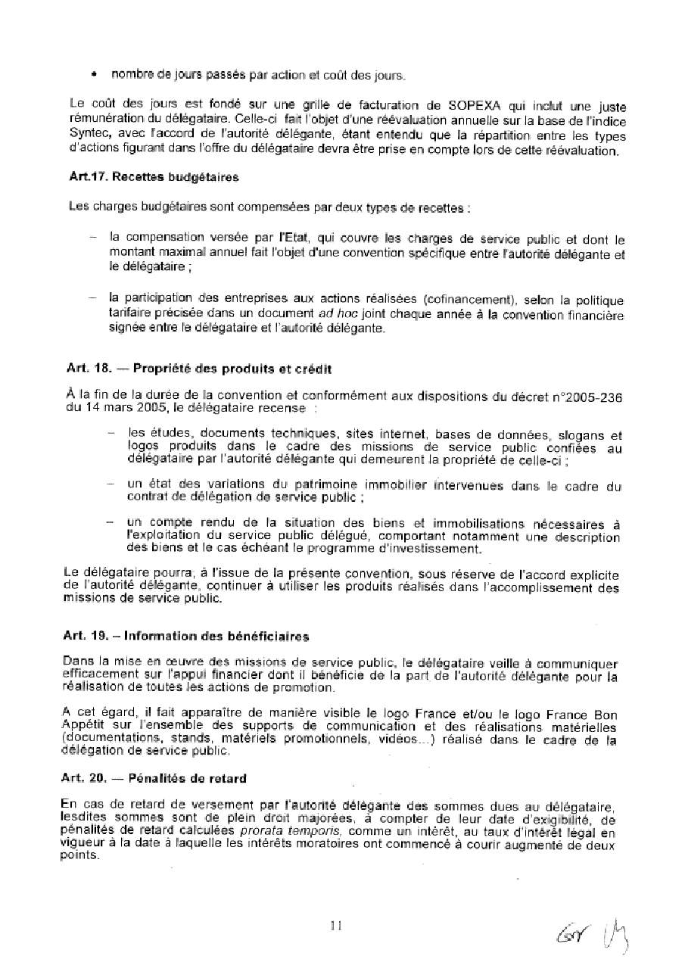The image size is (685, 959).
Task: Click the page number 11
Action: pyautogui.click(x=337, y=924)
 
